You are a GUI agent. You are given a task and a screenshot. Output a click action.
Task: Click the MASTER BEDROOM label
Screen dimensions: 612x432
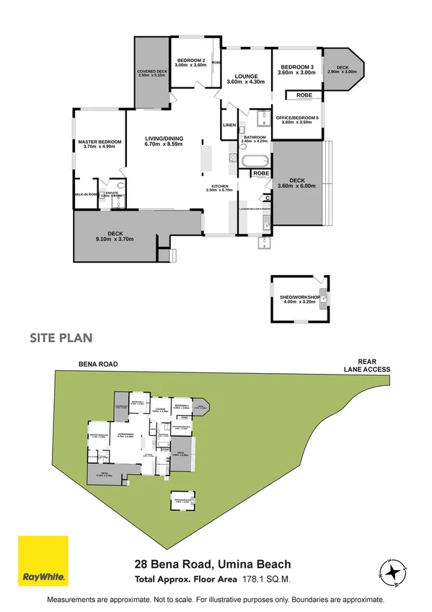tap(98, 141)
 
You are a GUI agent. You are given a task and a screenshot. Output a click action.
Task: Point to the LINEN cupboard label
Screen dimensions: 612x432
tap(229, 126)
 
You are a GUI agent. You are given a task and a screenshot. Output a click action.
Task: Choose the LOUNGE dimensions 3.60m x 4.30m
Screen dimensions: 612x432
tap(245, 82)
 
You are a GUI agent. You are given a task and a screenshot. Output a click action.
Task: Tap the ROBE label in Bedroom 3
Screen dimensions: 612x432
tap(304, 95)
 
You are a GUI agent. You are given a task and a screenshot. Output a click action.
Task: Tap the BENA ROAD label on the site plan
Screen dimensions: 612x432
tap(98, 364)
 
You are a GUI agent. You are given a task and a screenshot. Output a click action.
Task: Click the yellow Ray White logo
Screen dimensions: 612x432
tap(43, 561)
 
